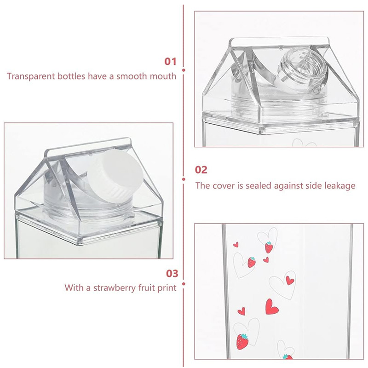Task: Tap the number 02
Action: [x=201, y=170]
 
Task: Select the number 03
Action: [x=172, y=274]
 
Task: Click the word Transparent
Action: [x=30, y=76]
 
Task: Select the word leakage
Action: [x=339, y=186]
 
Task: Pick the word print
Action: [x=167, y=288]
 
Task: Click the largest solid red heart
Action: [x=271, y=307]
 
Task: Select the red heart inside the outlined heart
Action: [x=289, y=280]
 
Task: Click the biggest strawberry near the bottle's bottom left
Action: [x=242, y=340]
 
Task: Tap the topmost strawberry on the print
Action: [x=269, y=247]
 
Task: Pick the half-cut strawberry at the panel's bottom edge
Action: [x=287, y=356]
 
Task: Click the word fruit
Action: [x=145, y=288]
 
